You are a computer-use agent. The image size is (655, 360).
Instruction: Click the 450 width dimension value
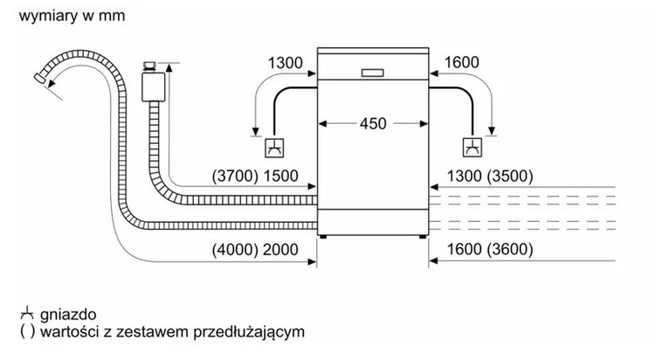(373, 123)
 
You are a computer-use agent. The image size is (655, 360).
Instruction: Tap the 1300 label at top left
(285, 62)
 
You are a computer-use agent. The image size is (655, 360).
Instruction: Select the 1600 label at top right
(463, 62)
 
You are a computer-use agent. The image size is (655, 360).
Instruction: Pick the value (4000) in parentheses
(233, 250)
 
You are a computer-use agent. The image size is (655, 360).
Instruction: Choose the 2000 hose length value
(279, 250)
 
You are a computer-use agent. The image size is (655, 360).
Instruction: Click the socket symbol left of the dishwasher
(274, 145)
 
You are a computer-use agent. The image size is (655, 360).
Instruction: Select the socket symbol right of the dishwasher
(472, 145)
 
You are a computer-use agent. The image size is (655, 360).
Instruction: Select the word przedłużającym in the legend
(259, 332)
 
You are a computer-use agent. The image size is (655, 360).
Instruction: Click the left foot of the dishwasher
(325, 236)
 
